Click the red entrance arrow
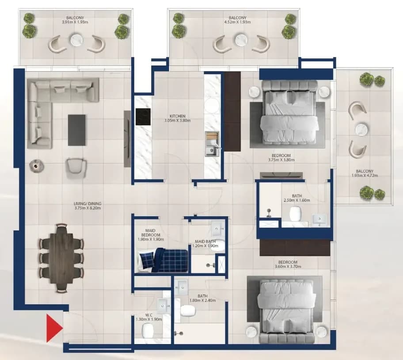54,328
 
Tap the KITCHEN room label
177,116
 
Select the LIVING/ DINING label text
87,203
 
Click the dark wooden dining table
62,258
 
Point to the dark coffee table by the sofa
77,130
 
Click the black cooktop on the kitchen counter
143,117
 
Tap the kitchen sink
211,150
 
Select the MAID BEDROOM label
151,233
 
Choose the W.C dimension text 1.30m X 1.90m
149,319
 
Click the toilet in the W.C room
148,330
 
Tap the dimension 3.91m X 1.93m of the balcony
75,22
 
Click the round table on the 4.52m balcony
241,40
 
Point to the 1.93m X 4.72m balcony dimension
365,176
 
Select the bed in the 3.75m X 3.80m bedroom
289,113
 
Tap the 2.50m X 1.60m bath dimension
297,200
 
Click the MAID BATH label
205,241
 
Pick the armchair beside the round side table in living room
76,168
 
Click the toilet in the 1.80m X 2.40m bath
188,311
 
